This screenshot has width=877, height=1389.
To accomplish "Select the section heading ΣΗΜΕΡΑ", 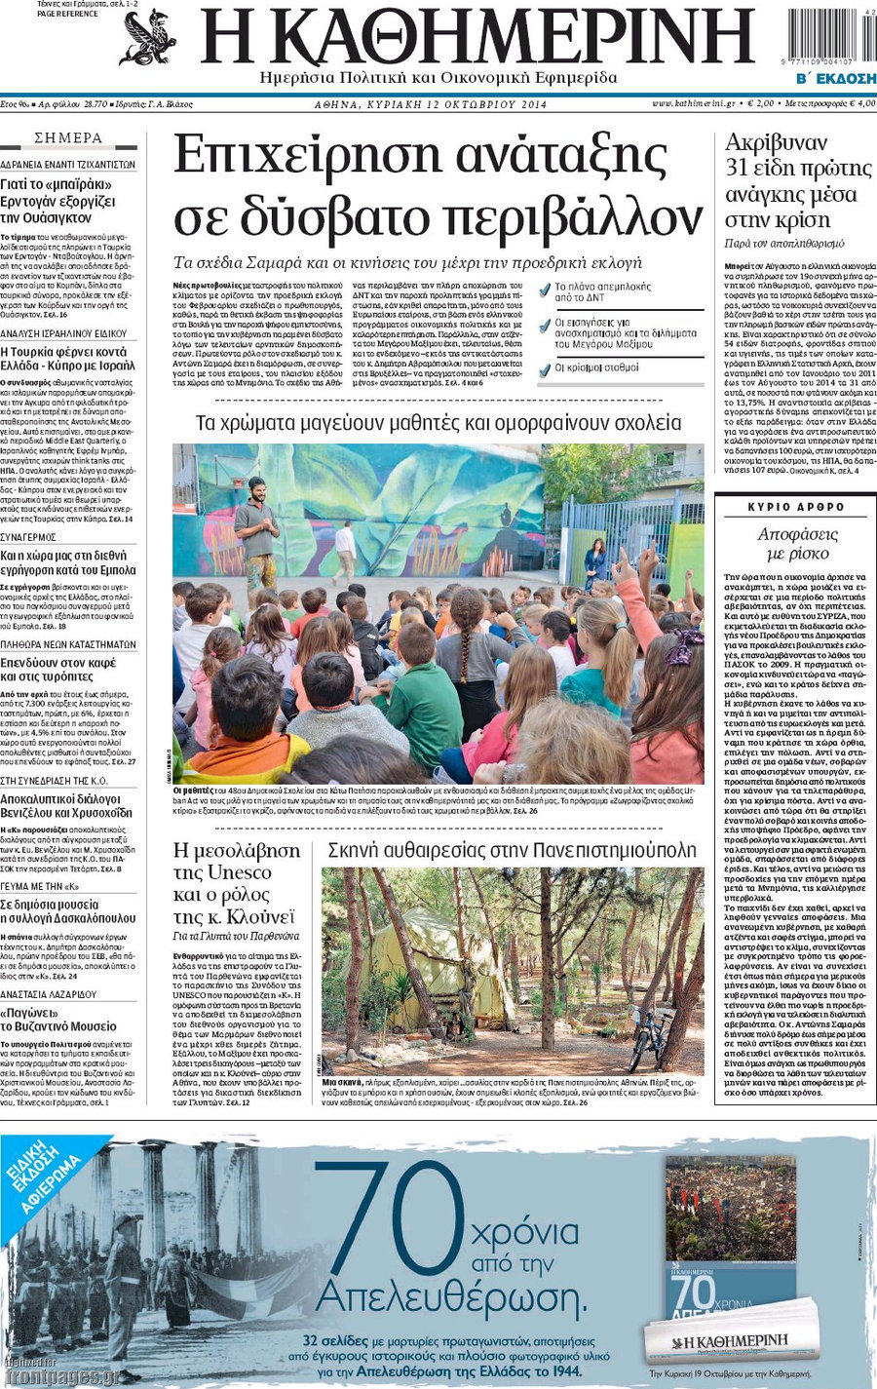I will coord(68,138).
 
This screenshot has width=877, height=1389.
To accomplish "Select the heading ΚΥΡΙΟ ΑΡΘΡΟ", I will coord(796,508).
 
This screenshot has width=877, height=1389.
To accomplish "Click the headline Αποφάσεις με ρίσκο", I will coord(796,544).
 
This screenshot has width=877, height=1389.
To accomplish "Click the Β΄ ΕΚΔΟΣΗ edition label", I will coord(836,78).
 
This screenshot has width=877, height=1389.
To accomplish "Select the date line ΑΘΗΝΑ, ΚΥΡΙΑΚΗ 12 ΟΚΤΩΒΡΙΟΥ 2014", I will coord(430,104).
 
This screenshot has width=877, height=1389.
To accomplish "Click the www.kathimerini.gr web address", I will coord(693,103).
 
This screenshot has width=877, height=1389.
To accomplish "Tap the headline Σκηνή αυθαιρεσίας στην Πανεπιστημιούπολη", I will coord(512,850).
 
